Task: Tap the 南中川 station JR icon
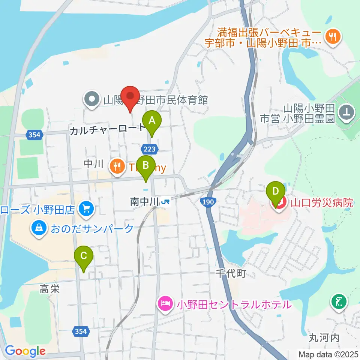click(165, 202)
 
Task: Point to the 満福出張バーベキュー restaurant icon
click(333, 36)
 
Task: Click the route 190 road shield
click(209, 202)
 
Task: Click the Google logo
click(25, 351)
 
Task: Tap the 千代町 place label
click(231, 274)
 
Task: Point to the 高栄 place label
click(50, 289)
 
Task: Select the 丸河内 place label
click(324, 337)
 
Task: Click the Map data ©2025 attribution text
click(328, 354)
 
